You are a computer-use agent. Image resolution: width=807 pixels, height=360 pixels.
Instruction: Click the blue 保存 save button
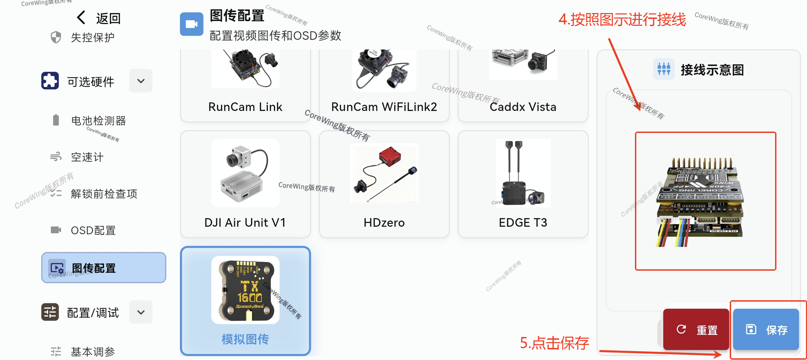tap(766, 329)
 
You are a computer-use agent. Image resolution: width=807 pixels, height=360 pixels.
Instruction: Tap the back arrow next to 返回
tap(81, 18)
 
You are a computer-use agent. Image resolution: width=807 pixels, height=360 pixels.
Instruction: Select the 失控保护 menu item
tap(92, 37)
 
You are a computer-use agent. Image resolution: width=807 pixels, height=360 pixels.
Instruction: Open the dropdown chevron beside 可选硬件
tap(141, 81)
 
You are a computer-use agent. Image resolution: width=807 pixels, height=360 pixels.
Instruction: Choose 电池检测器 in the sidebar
tap(98, 121)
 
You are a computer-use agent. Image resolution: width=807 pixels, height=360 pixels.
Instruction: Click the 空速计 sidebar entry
tap(87, 157)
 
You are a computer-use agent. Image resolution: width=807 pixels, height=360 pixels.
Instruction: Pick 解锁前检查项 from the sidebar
tap(104, 194)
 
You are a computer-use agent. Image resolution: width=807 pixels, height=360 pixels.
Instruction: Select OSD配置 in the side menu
tap(93, 230)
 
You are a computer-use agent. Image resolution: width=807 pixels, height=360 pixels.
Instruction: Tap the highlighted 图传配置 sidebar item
tap(103, 268)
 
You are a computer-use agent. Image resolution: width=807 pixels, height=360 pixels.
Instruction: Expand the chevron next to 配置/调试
tap(141, 312)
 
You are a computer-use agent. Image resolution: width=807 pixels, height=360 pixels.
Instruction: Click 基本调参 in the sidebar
tap(93, 351)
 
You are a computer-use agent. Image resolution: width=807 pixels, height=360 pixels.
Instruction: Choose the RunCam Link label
tap(245, 107)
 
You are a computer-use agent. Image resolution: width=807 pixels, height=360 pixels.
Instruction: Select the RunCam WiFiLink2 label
tap(384, 107)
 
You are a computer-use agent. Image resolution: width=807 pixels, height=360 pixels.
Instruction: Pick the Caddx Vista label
tap(523, 107)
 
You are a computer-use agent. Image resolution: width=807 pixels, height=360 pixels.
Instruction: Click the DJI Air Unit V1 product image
tap(245, 173)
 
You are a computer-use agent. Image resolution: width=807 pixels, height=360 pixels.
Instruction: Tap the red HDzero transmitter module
tap(390, 157)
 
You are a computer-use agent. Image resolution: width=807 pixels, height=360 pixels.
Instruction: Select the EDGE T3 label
tap(523, 223)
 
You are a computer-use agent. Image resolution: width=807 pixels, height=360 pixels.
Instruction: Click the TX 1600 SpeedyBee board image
tap(245, 290)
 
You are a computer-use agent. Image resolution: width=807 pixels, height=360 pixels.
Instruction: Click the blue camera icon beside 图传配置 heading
tap(191, 24)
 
